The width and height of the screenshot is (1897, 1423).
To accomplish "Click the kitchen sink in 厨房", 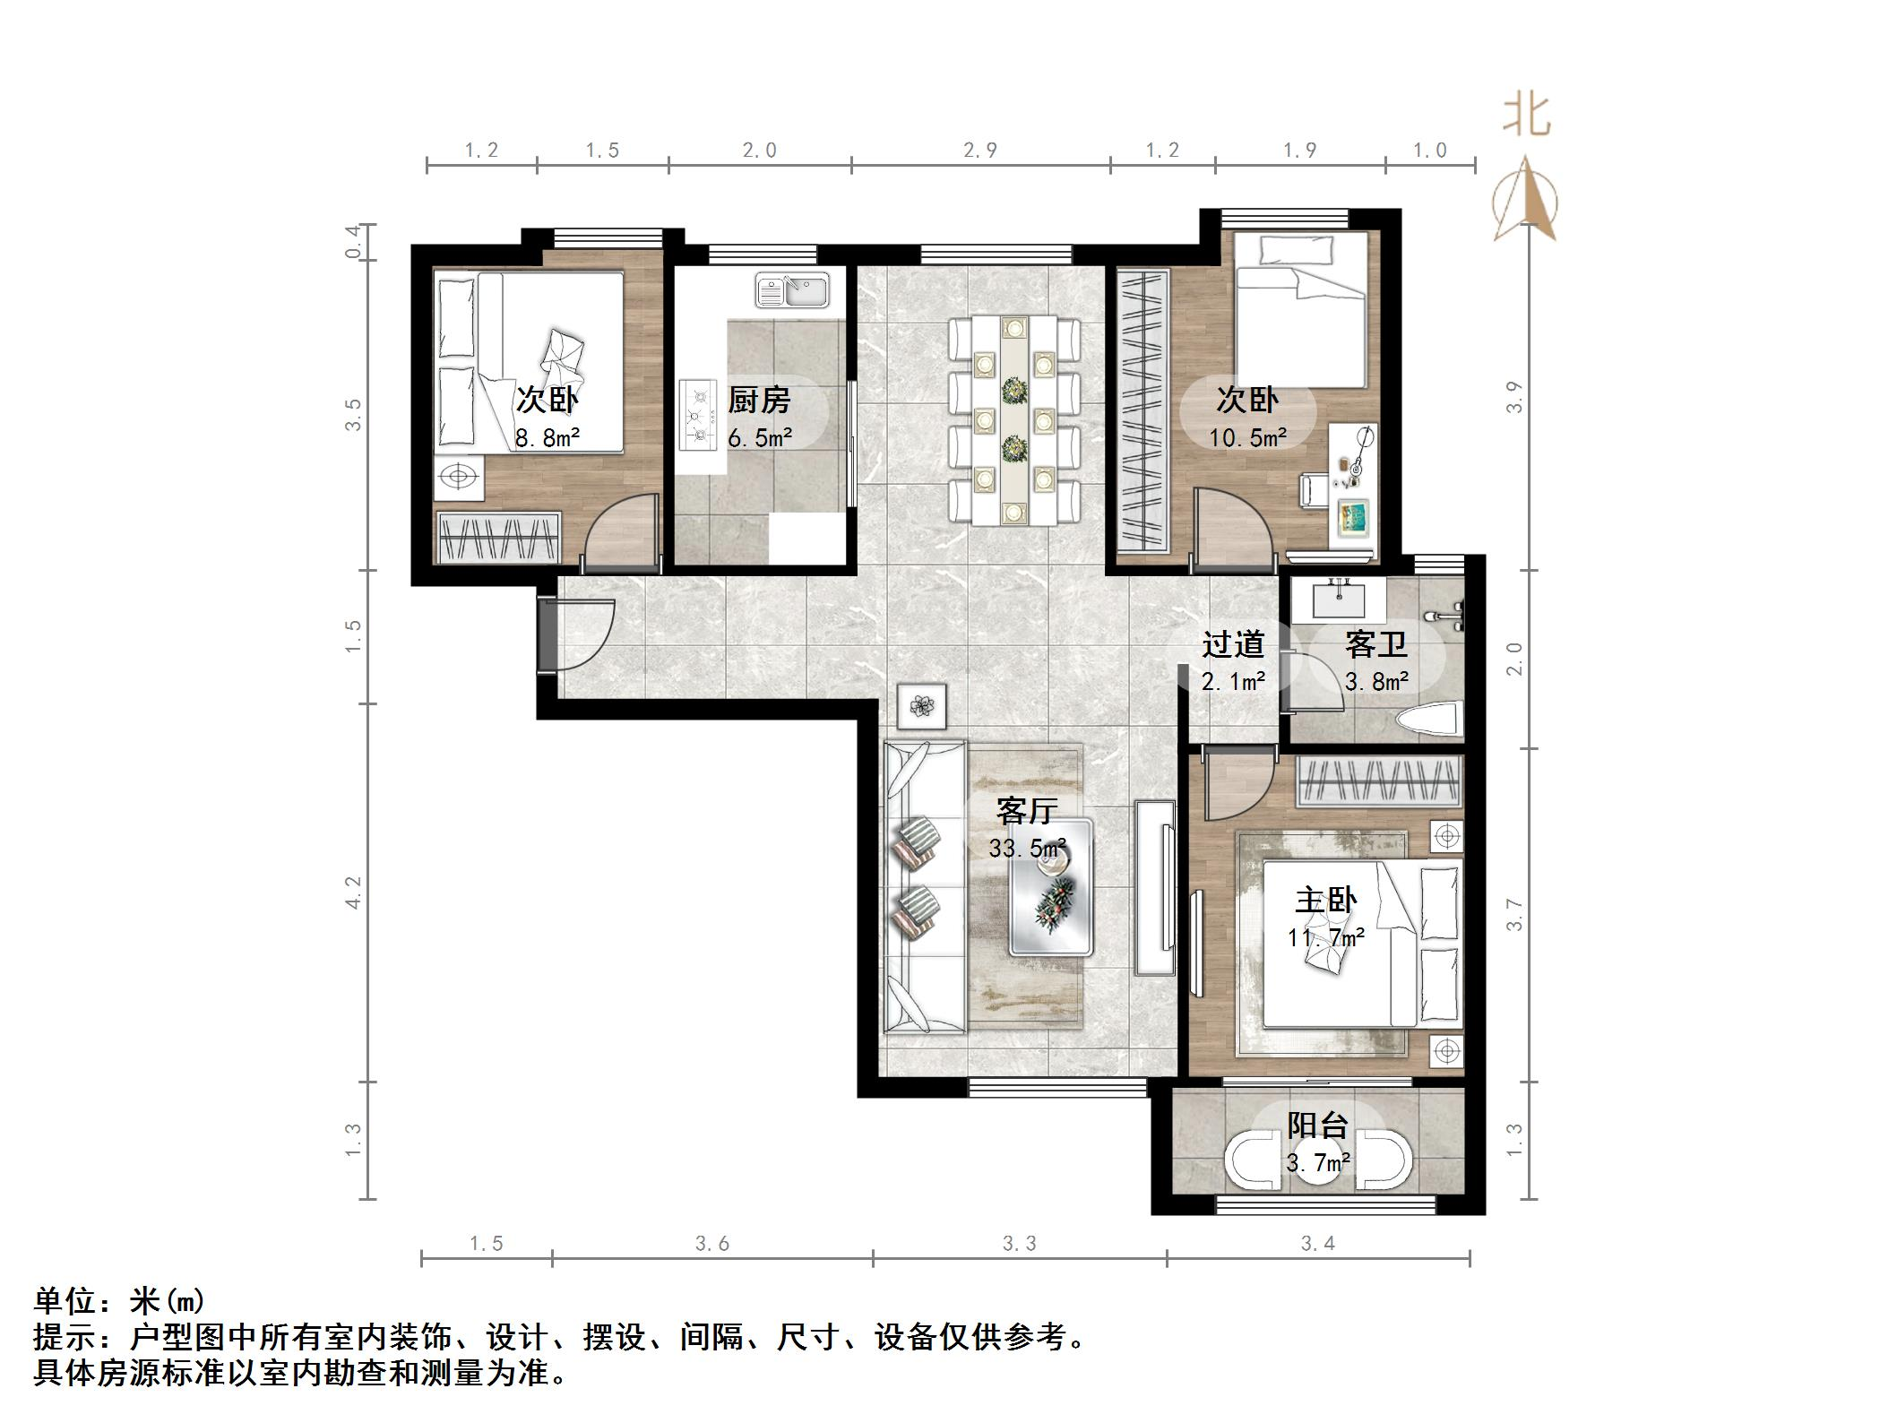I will (792, 290).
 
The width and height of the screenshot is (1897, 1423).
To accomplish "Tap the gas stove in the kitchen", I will (698, 414).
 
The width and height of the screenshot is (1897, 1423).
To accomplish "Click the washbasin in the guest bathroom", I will (1339, 598).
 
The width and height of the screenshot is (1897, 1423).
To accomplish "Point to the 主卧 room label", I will (1325, 900).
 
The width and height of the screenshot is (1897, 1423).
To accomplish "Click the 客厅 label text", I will (1027, 811).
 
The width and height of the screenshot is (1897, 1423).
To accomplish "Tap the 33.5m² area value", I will (1027, 848).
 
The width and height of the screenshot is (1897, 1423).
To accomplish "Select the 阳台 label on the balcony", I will (1317, 1125).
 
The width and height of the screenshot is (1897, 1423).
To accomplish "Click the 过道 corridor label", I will (1233, 644).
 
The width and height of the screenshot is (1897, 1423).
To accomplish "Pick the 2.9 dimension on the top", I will (980, 150).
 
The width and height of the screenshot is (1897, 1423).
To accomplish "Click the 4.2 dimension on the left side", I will (353, 893).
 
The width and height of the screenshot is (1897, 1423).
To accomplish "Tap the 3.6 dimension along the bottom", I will (712, 1244).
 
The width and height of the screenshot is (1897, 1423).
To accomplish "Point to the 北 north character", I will (1526, 116).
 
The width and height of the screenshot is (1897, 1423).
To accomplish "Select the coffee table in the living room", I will (1050, 886).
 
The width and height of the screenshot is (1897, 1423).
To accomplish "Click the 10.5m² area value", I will (1247, 437).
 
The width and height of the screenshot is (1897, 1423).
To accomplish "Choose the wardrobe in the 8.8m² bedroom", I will (497, 537).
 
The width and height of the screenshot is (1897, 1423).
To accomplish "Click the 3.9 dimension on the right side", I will (1514, 397).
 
